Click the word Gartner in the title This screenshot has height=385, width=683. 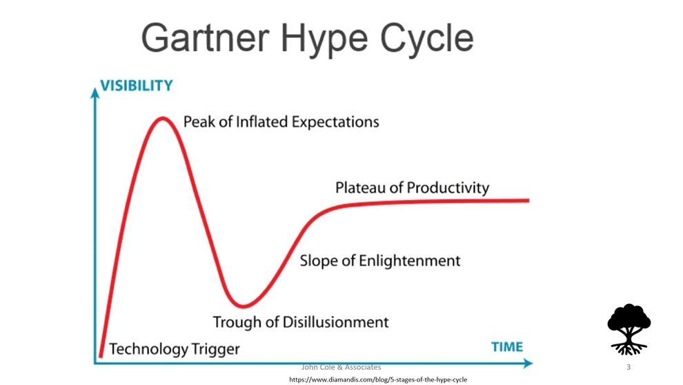(205, 38)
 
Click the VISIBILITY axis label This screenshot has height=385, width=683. (137, 86)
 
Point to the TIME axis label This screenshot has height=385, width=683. (507, 346)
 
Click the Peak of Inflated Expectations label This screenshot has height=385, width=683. (281, 122)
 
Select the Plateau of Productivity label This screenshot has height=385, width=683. (412, 188)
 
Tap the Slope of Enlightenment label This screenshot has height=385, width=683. (380, 261)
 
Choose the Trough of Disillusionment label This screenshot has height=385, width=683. (301, 322)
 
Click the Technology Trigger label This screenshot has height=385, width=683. (175, 349)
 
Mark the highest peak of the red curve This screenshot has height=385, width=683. (163, 118)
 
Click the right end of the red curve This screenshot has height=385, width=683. (528, 200)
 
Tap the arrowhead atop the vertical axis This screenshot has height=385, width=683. (95, 93)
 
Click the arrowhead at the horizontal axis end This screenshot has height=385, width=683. (528, 363)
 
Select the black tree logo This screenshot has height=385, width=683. (628, 329)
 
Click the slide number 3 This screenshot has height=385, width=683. (628, 367)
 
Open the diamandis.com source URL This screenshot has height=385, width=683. (378, 379)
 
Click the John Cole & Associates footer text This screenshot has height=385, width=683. (341, 368)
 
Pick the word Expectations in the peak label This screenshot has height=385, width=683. (335, 122)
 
